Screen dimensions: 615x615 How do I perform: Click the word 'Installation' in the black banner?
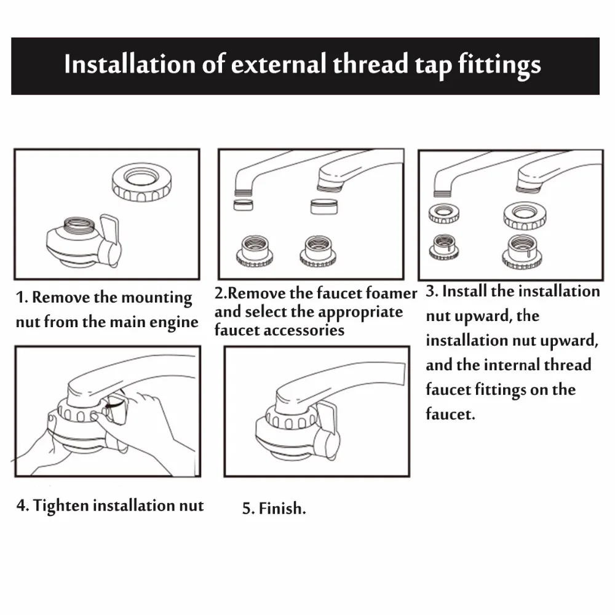click(130, 64)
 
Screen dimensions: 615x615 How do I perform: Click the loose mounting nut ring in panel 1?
click(142, 183)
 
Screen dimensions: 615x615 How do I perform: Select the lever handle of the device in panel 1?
click(110, 239)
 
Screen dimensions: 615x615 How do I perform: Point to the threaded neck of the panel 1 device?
click(79, 226)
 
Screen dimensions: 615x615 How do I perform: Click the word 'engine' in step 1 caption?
click(174, 323)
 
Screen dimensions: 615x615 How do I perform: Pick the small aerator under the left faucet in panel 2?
click(243, 205)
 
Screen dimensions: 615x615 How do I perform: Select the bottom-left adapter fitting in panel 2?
click(255, 252)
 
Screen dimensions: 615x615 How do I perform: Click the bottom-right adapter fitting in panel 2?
click(318, 252)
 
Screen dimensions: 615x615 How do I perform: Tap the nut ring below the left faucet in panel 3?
click(444, 214)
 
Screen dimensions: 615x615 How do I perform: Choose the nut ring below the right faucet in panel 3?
click(525, 216)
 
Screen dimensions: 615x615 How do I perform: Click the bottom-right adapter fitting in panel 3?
click(522, 252)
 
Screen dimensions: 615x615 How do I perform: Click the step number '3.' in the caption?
click(432, 292)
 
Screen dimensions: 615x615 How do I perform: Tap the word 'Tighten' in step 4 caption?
click(61, 506)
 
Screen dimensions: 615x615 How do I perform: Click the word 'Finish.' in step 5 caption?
click(282, 509)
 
